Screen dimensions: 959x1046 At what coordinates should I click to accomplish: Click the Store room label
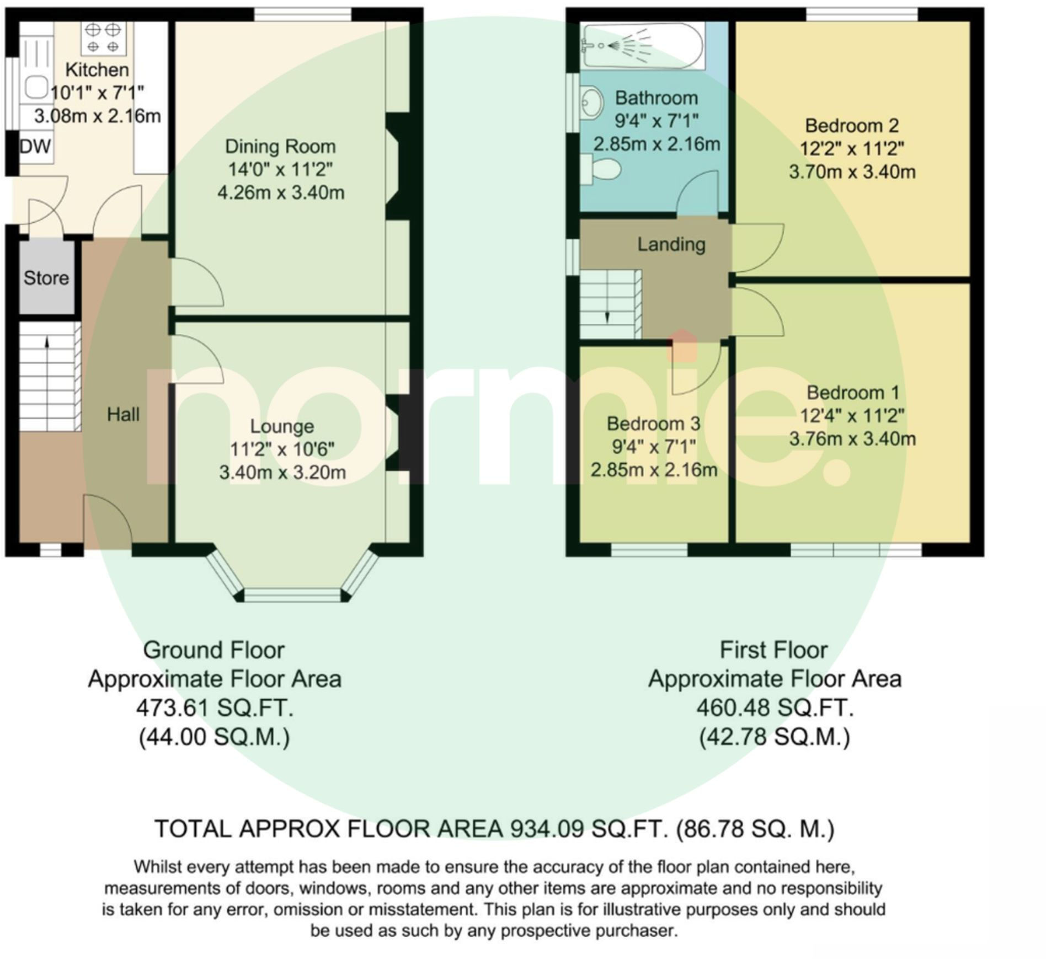point(46,277)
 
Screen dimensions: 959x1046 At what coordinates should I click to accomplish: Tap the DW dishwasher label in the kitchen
point(35,146)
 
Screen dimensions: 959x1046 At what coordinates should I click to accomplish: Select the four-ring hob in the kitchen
point(103,37)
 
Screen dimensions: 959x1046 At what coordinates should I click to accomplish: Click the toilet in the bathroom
point(600,167)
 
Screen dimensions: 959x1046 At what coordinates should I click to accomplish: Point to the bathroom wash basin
point(591,103)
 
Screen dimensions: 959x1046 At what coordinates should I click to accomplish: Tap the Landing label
point(671,244)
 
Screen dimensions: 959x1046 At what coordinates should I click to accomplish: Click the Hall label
point(122,414)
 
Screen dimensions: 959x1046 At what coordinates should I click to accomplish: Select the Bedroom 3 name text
point(653,424)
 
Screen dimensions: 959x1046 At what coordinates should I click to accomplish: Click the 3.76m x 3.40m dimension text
point(852,439)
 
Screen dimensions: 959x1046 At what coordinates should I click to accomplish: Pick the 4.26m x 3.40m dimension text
point(280,192)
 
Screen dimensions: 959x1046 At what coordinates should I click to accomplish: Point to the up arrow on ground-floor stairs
point(46,342)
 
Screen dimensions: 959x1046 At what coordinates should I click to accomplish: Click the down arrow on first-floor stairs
point(607,317)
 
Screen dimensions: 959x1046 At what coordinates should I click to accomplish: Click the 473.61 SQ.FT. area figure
point(214,708)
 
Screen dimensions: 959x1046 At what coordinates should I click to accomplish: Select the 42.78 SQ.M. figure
point(775,737)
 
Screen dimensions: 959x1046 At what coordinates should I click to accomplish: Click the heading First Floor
point(773,650)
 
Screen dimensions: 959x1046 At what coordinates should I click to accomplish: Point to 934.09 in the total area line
point(546,829)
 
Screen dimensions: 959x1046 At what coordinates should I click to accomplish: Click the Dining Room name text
point(280,146)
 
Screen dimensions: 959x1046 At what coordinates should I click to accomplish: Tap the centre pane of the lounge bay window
point(292,594)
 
